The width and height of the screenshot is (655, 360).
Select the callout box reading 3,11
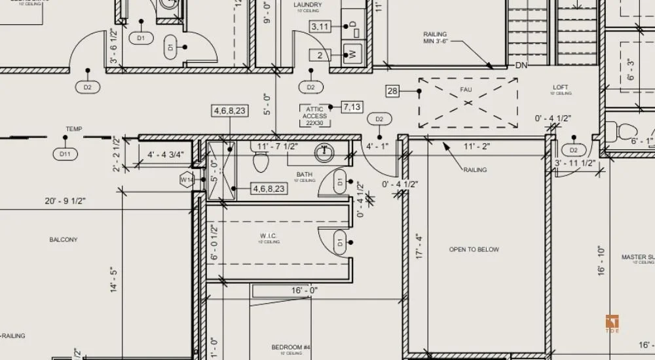(320, 27)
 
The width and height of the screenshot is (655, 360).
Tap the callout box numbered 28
(393, 91)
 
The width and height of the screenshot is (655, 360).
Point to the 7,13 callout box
(352, 107)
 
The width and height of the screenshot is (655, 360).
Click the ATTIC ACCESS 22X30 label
(315, 116)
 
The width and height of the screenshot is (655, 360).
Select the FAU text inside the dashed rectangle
(466, 89)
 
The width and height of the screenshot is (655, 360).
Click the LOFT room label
(561, 87)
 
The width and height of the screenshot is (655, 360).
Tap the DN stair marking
(521, 65)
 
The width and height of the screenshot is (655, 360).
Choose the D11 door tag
(64, 154)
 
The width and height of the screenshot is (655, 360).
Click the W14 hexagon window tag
(187, 179)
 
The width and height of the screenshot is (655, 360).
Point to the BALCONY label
(64, 240)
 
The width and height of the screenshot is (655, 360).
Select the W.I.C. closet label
(269, 236)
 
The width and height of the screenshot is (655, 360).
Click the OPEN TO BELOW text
(474, 249)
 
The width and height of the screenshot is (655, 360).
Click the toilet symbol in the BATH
(261, 159)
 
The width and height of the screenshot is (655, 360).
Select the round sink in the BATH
(324, 153)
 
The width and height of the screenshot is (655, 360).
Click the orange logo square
(612, 323)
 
